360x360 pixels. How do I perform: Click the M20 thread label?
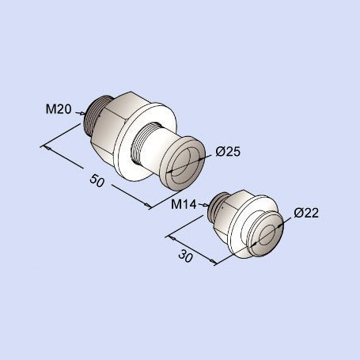(59, 109)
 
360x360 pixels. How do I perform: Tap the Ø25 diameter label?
(228, 152)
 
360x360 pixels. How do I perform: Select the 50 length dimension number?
(97, 180)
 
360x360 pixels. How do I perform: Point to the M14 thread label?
(184, 204)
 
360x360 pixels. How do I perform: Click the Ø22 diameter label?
(306, 213)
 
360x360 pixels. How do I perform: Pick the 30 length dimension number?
(186, 256)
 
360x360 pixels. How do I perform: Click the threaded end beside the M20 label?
(93, 116)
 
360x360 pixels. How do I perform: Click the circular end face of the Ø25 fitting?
(184, 164)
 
